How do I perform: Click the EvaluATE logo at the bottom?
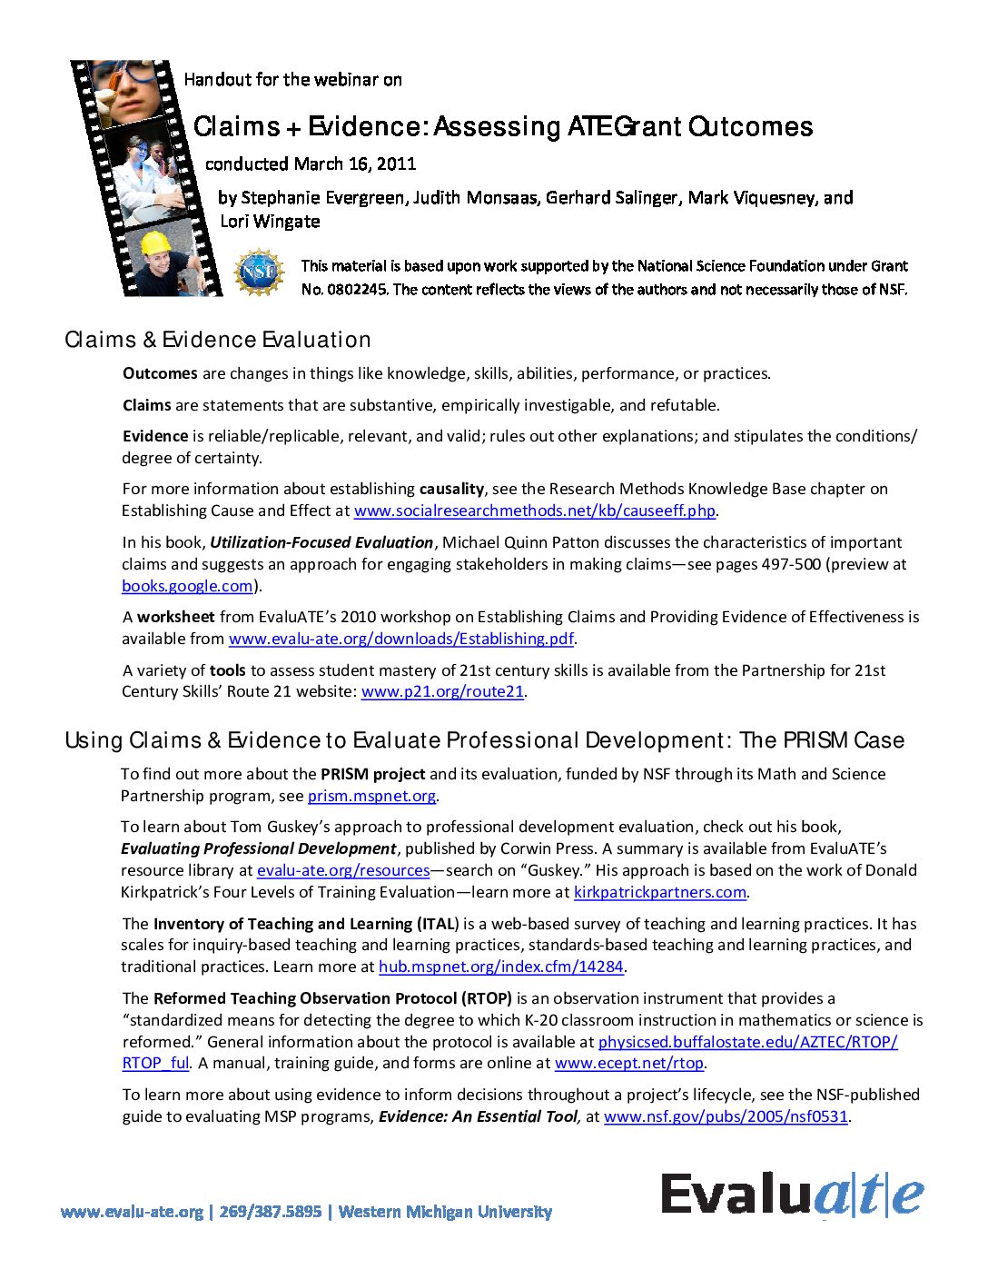(792, 1194)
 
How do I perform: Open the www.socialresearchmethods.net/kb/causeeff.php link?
(534, 511)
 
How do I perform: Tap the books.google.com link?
(187, 586)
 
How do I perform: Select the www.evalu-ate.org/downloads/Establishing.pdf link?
(400, 639)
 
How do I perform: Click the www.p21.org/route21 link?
(442, 691)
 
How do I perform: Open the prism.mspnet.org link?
(371, 796)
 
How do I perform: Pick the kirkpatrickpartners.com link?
(659, 892)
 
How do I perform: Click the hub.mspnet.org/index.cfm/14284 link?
(500, 967)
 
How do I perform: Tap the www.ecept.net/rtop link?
(628, 1063)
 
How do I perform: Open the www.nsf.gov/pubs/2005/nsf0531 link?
(726, 1116)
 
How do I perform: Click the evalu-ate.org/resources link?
(343, 870)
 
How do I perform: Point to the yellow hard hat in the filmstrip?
(156, 243)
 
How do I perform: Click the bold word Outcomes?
(160, 373)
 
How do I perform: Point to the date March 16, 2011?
(355, 164)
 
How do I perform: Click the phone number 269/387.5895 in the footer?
(270, 1212)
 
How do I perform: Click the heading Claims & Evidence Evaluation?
(218, 340)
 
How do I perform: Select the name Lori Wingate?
(270, 222)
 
